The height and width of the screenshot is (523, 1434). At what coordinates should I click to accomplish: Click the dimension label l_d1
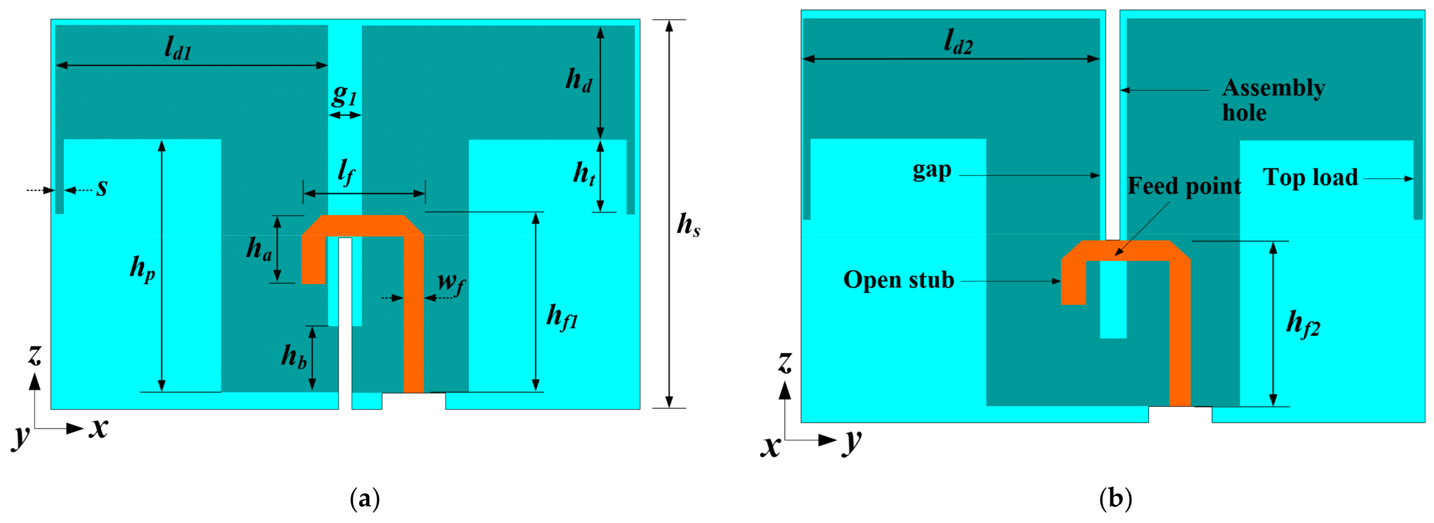coord(178,49)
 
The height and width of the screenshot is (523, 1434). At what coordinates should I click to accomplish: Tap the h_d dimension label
coord(578,81)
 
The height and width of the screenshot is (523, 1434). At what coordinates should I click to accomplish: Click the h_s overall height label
coord(688,225)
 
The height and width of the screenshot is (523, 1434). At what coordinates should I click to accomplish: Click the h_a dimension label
coord(259,249)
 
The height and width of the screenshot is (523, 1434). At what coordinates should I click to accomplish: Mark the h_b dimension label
coord(293,356)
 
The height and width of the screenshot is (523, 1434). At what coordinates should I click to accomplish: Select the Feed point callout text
coord(1184,186)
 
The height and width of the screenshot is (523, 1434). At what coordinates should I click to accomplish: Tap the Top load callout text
coord(1310,178)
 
